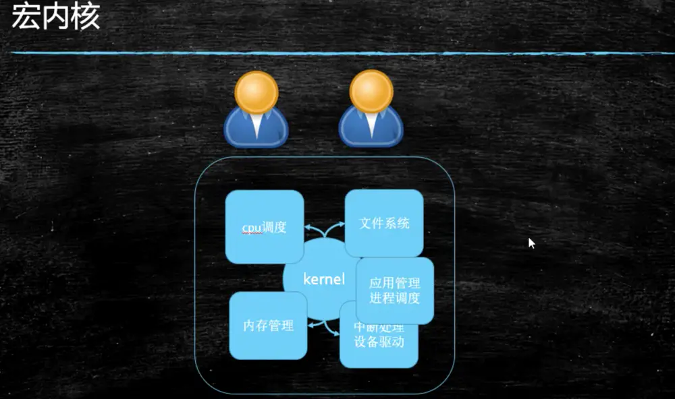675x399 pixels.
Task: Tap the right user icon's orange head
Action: [371, 91]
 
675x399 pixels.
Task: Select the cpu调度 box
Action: [264, 227]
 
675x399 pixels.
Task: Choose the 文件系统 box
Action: [384, 223]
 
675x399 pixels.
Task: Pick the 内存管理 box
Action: [268, 326]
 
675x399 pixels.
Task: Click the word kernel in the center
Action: [324, 279]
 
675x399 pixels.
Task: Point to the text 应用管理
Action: [395, 283]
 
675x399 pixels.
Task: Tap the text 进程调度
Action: [395, 298]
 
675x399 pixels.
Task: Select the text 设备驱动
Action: [379, 342]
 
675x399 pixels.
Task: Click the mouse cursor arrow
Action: [531, 243]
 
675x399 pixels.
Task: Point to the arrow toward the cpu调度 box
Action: [310, 230]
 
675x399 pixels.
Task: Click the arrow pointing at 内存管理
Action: [314, 325]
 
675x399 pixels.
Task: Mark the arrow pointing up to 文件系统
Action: [335, 230]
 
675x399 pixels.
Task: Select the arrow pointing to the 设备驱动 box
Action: [332, 330]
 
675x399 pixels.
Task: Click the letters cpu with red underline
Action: [251, 228]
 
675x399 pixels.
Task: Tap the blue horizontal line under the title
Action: [337, 53]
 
